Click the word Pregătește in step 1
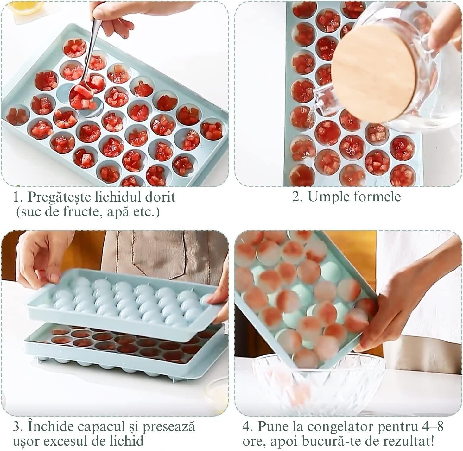coord(59,197)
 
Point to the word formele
coord(376,196)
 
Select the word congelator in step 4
coord(341,427)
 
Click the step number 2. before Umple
coord(297,197)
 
